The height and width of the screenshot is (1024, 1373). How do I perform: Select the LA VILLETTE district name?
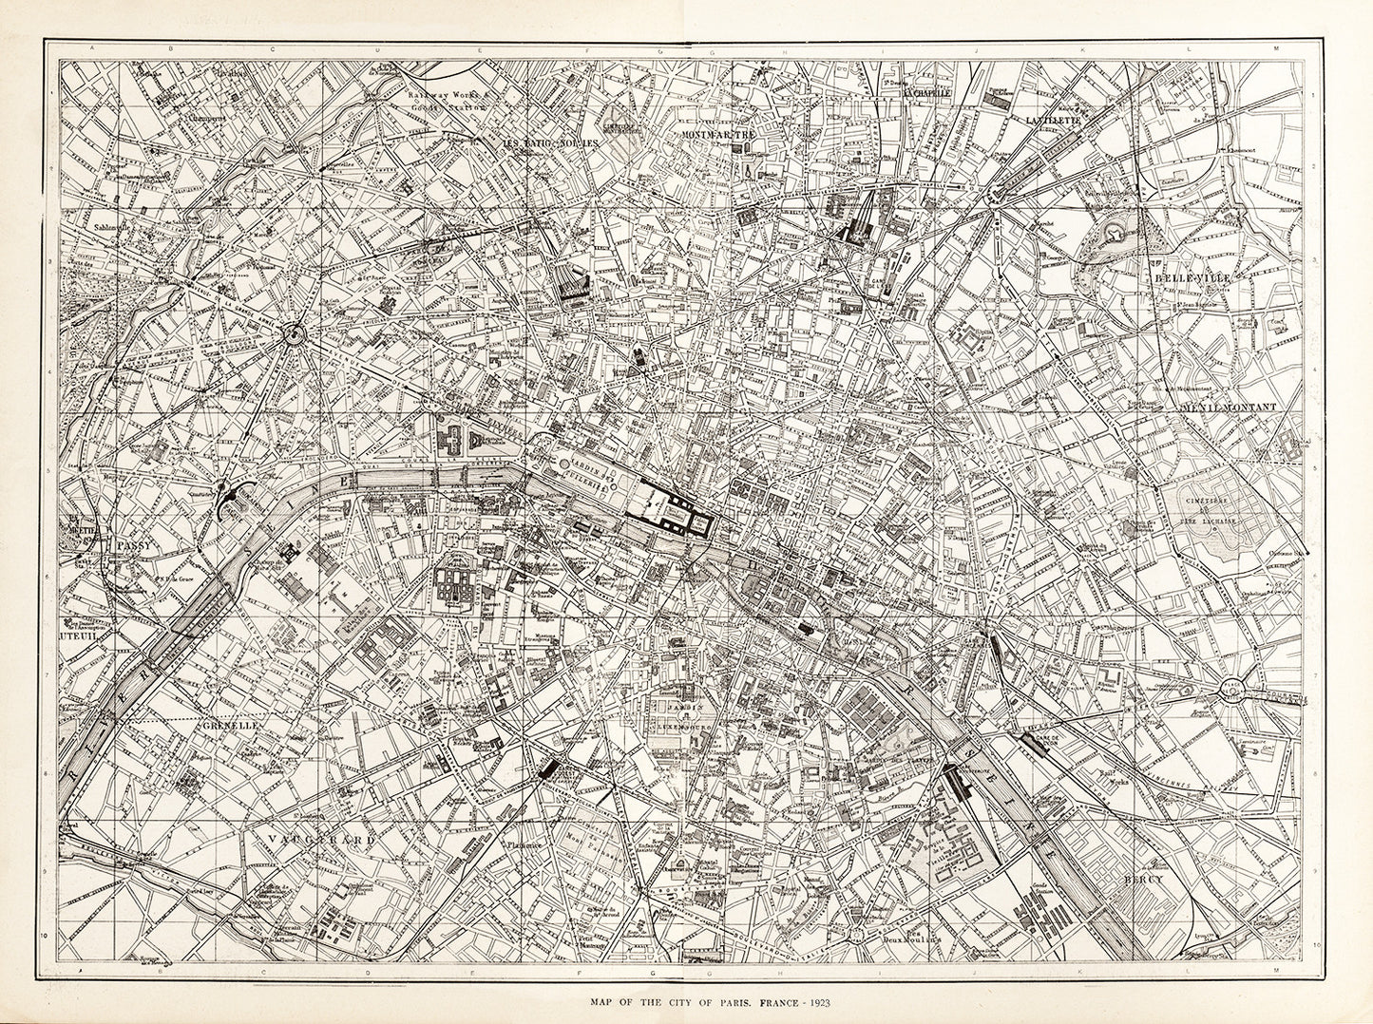pyautogui.click(x=1053, y=120)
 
